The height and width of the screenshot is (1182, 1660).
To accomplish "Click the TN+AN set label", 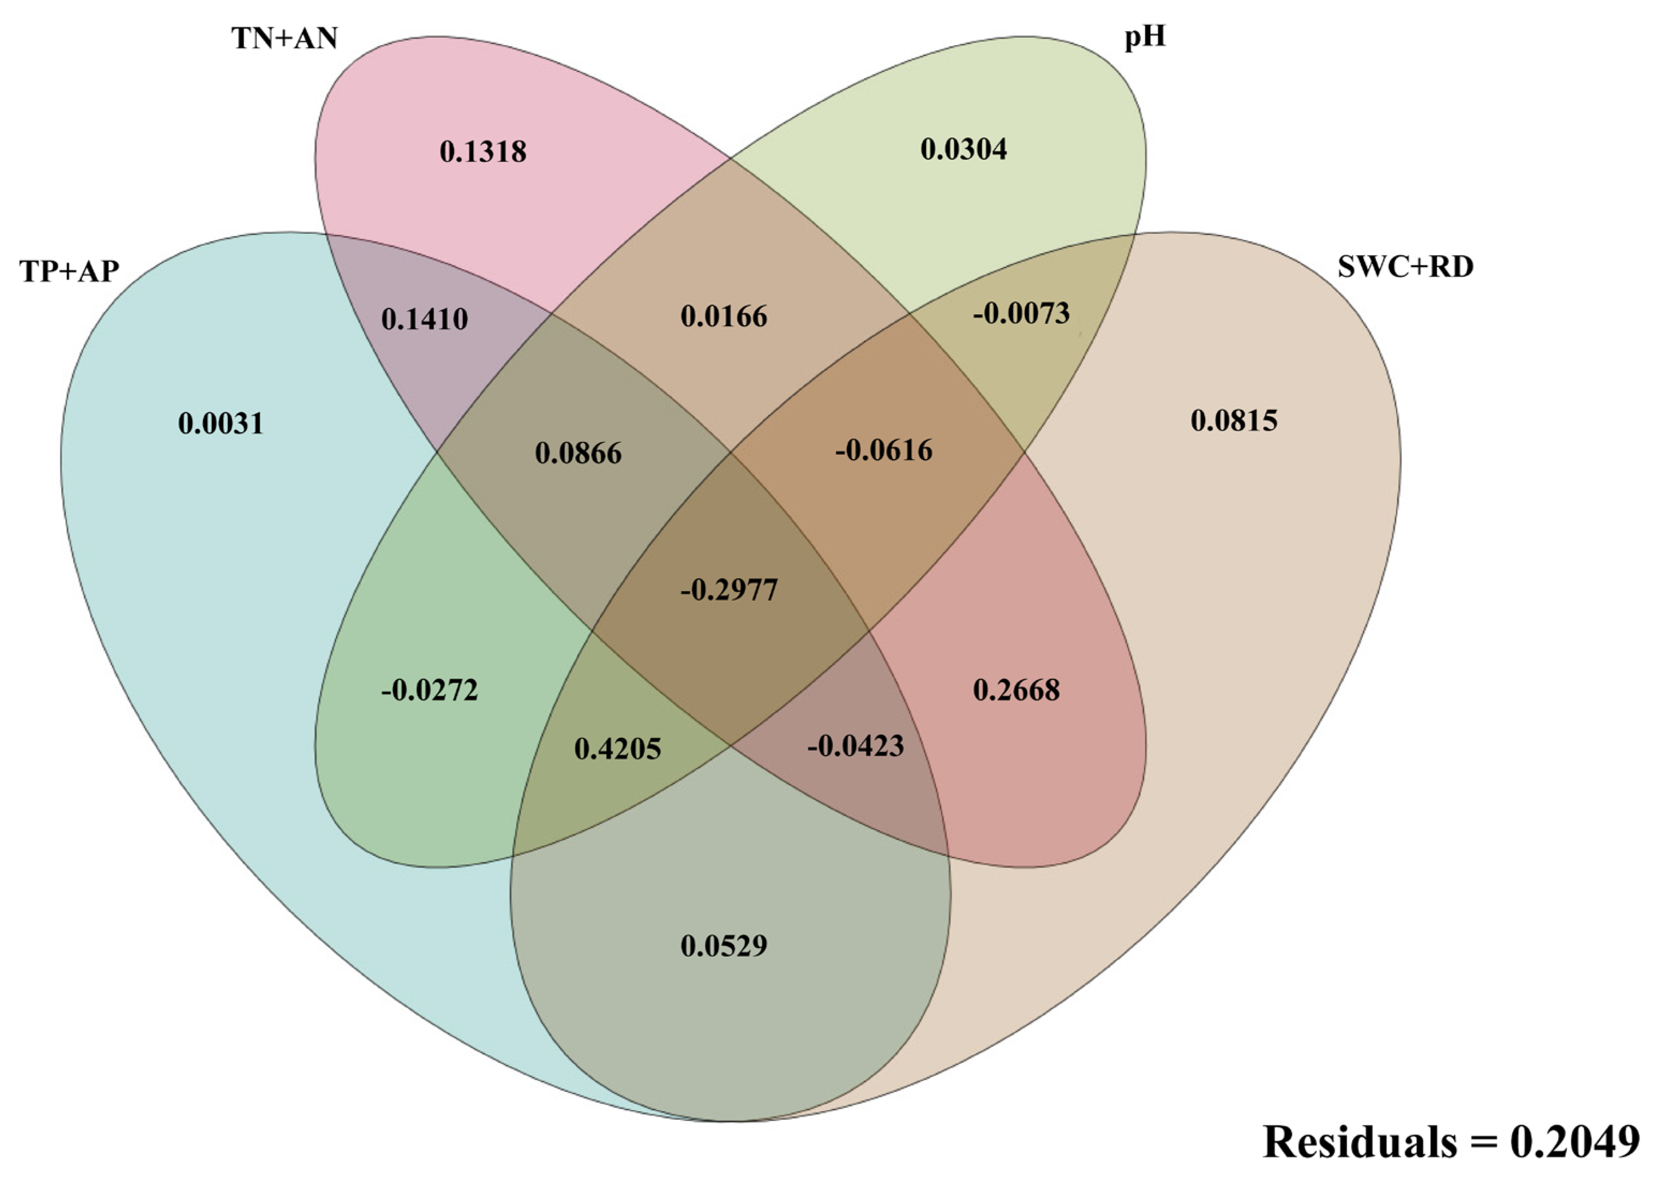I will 285,38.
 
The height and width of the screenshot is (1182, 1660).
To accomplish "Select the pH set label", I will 1144,36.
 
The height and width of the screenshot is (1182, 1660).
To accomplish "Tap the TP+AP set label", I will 69,271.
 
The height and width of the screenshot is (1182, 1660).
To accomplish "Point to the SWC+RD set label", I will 1405,267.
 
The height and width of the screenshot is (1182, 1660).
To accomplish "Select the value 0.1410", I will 424,319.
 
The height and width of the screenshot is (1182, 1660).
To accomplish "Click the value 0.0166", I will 724,316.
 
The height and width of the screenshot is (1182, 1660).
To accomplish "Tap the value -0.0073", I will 1021,313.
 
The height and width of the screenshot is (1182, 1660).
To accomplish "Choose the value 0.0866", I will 578,454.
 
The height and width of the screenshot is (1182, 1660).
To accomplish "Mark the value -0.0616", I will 883,450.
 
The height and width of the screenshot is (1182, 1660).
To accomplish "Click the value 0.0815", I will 1234,420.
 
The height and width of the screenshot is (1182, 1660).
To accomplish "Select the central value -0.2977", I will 729,589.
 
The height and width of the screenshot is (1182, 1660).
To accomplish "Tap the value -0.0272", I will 429,690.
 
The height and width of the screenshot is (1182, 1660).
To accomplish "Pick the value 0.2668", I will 1016,690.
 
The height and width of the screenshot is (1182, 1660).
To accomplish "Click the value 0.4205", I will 618,749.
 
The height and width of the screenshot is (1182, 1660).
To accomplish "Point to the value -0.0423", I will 855,746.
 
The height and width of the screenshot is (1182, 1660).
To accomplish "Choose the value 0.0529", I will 724,945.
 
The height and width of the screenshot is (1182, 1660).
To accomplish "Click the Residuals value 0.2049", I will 1574,1141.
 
